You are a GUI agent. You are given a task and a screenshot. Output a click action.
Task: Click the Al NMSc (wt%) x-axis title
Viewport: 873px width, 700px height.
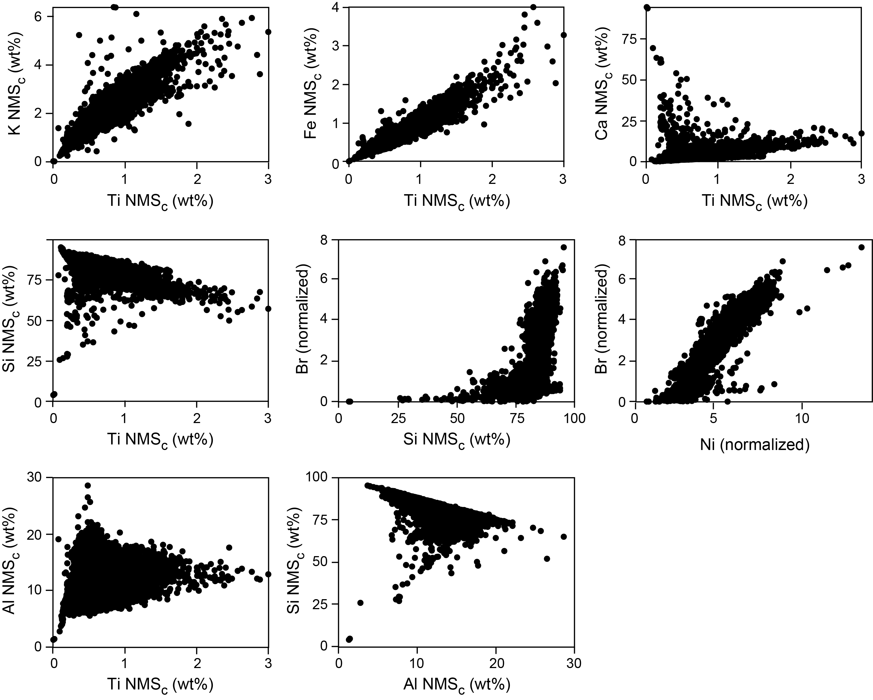click(457, 685)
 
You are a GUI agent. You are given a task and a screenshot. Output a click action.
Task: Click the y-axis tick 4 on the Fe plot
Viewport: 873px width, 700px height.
click(336, 7)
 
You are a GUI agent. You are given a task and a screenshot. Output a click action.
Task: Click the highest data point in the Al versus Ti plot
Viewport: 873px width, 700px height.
click(88, 486)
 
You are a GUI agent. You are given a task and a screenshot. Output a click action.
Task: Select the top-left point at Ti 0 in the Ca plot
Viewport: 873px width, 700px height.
click(647, 7)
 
